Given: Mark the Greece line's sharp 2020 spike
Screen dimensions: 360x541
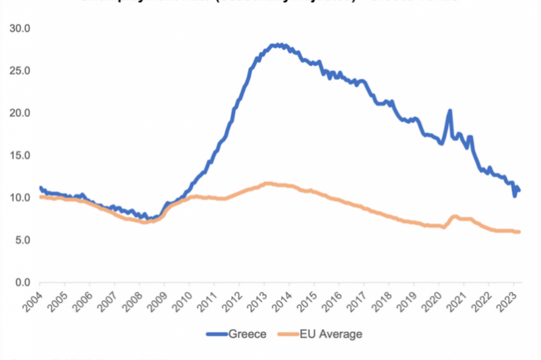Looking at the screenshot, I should [x=450, y=111].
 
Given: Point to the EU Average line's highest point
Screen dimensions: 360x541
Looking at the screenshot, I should [x=269, y=184].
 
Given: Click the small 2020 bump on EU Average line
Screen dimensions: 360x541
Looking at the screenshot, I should [x=454, y=216].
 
